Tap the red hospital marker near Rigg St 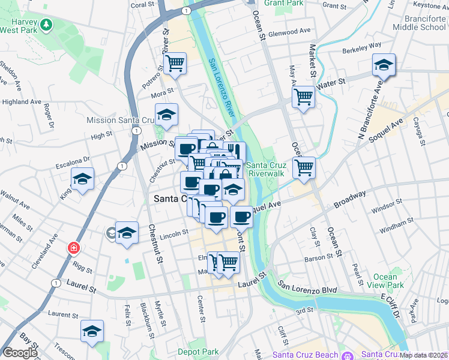point(73,247)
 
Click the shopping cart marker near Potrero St point(175,63)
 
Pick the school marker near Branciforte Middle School point(384,65)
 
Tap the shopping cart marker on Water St point(304,96)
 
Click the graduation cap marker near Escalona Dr point(83,178)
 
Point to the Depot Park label point(201,352)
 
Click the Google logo point(19,353)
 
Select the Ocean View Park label point(385,281)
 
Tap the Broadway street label point(350,200)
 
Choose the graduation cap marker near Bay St point(92,331)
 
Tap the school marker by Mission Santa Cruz point(167,114)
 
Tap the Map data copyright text point(424,355)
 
